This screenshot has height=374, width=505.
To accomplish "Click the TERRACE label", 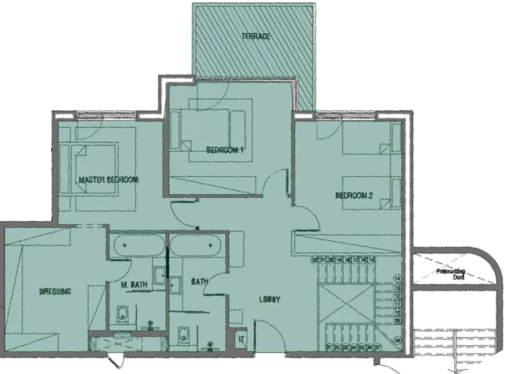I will coord(256,37).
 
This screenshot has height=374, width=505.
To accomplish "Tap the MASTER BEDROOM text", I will coord(108,180).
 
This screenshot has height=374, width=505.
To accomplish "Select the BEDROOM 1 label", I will coord(224,150).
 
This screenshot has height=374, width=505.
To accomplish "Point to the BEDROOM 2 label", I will coord(353,196).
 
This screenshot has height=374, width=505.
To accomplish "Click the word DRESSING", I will coord(55,291).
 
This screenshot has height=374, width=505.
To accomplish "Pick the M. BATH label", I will coord(135,285).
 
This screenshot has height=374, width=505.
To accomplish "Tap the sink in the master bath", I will coord(160,275).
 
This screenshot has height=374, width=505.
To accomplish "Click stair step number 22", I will coord(316,259).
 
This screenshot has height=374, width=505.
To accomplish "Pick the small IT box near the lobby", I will coord(241,340).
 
